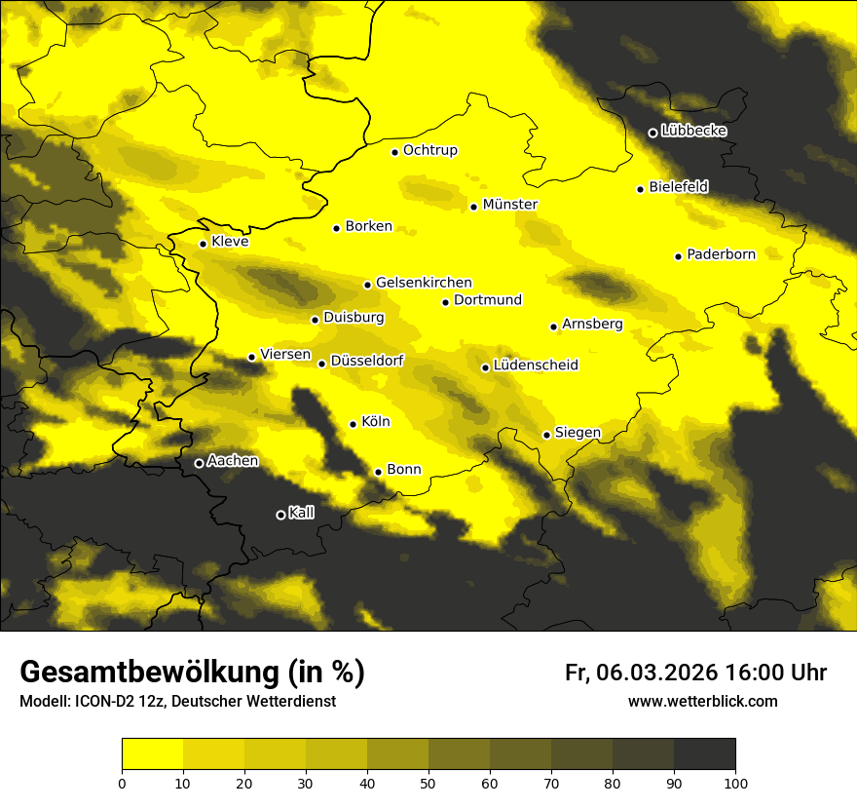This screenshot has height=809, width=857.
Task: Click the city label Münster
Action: [509, 205]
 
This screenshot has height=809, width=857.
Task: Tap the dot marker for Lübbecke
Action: [652, 133]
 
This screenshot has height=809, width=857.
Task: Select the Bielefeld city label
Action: [678, 186]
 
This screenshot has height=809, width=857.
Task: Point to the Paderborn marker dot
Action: [678, 256]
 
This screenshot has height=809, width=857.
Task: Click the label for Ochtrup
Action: [429, 150]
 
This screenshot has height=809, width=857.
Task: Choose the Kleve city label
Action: [230, 242]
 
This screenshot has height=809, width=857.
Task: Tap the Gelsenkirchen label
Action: [424, 283]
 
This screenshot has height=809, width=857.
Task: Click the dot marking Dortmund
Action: [445, 302]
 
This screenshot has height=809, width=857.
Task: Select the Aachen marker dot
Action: [199, 463]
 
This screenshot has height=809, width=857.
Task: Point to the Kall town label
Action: [301, 513]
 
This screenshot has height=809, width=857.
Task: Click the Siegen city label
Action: [578, 433]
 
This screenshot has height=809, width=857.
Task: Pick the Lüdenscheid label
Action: [536, 366]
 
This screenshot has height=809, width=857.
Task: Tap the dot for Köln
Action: [353, 424]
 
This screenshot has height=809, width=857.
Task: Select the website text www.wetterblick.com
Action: [702, 702]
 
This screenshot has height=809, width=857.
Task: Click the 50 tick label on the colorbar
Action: [428, 783]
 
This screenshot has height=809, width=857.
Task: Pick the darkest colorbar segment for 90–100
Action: [704, 754]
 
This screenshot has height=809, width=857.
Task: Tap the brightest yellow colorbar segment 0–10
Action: [152, 754]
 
